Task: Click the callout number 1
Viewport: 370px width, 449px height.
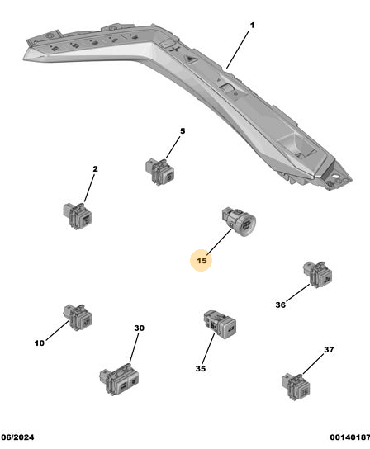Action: [252, 26]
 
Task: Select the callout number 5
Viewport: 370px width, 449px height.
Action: [183, 131]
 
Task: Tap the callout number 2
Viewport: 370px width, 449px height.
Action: [95, 169]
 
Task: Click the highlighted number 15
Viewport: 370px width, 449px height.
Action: [202, 260]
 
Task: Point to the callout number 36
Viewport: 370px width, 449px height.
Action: [281, 305]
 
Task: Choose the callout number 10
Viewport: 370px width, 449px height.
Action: [40, 343]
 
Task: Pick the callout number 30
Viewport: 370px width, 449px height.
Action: [139, 328]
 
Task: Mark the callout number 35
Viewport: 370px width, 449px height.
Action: [201, 369]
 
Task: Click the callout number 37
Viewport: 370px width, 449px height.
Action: [329, 350]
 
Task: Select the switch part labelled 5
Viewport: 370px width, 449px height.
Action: [160, 172]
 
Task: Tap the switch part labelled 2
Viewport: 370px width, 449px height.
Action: [78, 215]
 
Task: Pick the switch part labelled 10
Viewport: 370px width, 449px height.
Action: [78, 317]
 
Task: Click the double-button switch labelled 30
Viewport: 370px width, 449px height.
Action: [119, 380]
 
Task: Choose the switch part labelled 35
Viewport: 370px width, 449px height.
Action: [220, 324]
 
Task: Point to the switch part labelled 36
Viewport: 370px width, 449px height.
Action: [317, 274]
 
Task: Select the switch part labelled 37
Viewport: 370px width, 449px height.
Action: [296, 387]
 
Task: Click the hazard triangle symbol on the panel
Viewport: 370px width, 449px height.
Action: [189, 59]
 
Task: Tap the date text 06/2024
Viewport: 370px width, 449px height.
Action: [18, 437]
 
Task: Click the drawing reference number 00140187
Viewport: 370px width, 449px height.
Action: [349, 437]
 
